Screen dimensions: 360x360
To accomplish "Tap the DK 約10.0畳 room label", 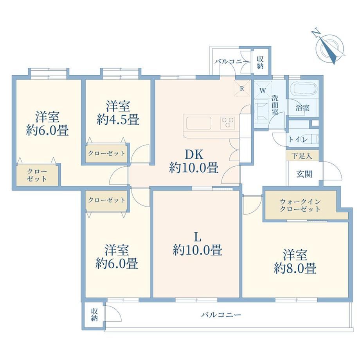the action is pyautogui.click(x=194, y=162).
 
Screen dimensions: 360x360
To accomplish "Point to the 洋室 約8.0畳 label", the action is pyautogui.click(x=295, y=261).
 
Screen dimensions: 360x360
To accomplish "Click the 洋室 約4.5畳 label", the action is pyautogui.click(x=118, y=113).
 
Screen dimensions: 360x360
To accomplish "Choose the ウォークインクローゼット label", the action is pyautogui.click(x=300, y=205).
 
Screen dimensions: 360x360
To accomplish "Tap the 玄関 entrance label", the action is pyautogui.click(x=304, y=174).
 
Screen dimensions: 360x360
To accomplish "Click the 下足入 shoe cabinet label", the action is pyautogui.click(x=302, y=156).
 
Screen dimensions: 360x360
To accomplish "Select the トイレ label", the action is pyautogui.click(x=298, y=139).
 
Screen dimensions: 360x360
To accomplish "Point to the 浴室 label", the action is pyautogui.click(x=302, y=108).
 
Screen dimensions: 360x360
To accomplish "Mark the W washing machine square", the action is pyautogui.click(x=263, y=90).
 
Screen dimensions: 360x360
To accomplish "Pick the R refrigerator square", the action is pyautogui.click(x=242, y=88).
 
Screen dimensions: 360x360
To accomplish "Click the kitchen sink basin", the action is pyautogui.click(x=199, y=123).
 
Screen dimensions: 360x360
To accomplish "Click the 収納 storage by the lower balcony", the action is pyautogui.click(x=94, y=315).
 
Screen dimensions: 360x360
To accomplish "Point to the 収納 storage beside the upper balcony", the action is pyautogui.click(x=260, y=62).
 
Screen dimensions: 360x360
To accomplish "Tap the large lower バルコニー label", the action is pyautogui.click(x=221, y=314).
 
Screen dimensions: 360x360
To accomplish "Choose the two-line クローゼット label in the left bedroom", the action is pyautogui.click(x=37, y=175).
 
